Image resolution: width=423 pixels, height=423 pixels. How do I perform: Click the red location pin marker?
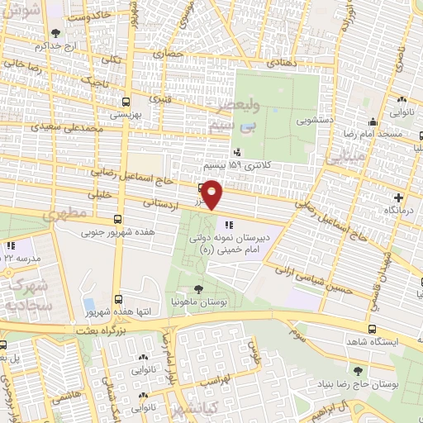click(x=212, y=195)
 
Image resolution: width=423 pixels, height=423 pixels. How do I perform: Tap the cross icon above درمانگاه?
click(x=400, y=197)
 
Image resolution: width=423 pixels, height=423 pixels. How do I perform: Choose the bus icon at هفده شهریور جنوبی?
click(x=118, y=220)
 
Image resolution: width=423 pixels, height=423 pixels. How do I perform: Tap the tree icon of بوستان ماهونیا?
click(x=197, y=288)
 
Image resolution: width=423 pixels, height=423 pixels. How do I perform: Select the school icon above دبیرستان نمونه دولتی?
click(x=228, y=223)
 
